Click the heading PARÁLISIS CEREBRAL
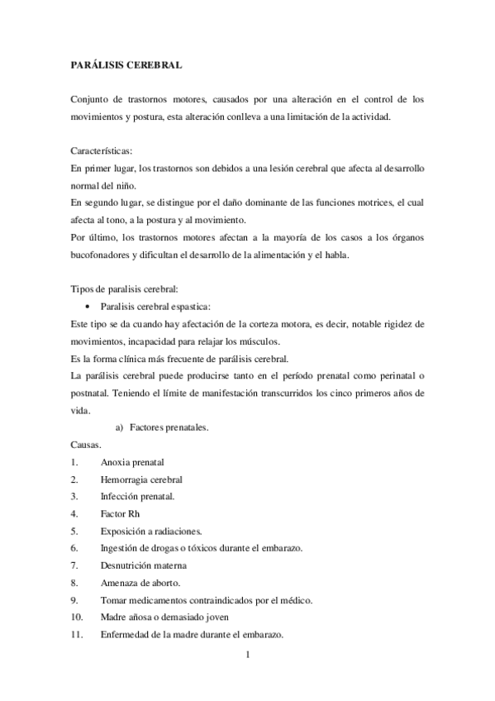[x=126, y=64]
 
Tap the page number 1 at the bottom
[x=248, y=657]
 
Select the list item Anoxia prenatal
[x=132, y=462]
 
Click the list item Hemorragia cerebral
[x=141, y=479]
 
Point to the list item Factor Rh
[x=120, y=513]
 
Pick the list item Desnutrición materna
[x=143, y=565]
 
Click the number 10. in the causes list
[x=76, y=618]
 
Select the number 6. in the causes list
[x=74, y=548]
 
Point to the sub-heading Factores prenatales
[x=169, y=427]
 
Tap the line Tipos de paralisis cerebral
[x=119, y=289]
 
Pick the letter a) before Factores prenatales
[x=119, y=427]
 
